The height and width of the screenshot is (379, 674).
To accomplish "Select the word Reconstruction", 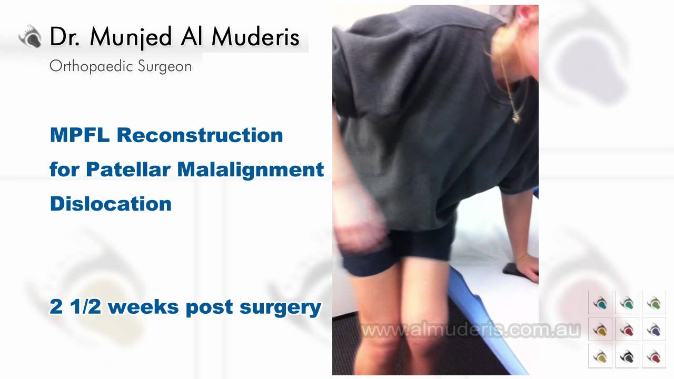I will click(x=200, y=135).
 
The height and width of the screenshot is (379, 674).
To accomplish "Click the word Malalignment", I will click(x=251, y=169).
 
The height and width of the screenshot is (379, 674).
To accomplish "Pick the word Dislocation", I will click(x=111, y=204).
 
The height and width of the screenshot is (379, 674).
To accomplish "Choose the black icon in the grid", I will click(x=627, y=357).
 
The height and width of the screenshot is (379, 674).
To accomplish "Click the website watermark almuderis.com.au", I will click(x=470, y=330).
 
